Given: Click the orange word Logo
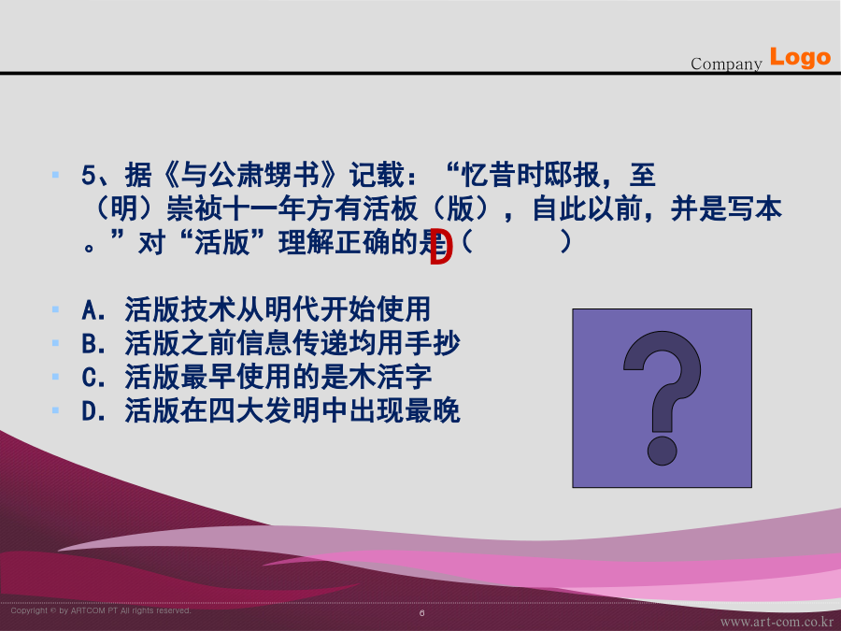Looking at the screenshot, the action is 800,57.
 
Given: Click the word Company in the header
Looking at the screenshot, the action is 726,64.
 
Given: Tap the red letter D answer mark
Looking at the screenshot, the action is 441,247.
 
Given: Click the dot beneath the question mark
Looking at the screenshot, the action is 662,451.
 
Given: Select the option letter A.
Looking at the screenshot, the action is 91,309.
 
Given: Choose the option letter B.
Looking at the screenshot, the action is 91,343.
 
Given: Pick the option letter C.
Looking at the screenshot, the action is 91,378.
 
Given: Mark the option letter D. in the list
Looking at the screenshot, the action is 93,411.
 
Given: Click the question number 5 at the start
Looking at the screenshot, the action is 89,175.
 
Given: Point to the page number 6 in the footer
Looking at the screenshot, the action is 422,612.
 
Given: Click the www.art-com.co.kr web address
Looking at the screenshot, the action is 777,623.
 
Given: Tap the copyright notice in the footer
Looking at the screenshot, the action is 101,610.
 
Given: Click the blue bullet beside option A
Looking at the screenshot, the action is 55,309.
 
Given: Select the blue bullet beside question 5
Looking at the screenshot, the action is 55,175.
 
